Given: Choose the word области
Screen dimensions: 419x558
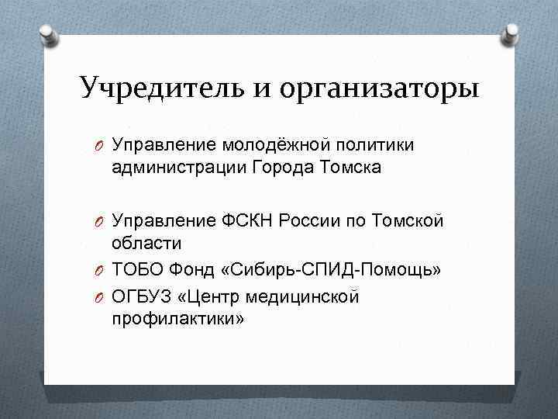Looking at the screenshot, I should tap(146, 244).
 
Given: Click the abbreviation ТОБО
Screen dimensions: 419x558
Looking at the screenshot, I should tap(136, 269).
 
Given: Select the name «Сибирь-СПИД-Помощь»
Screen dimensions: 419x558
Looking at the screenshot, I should tap(330, 269).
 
